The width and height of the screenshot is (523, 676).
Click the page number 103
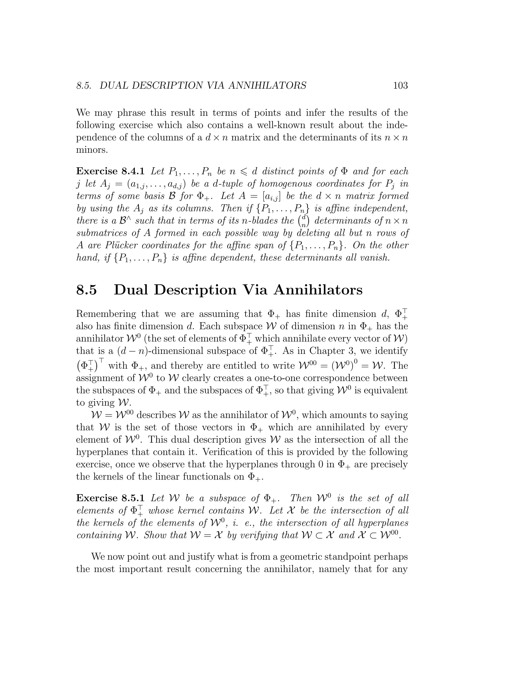pyautogui.click(x=400, y=85)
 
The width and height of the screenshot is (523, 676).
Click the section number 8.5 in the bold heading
pyautogui.click(x=87, y=290)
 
